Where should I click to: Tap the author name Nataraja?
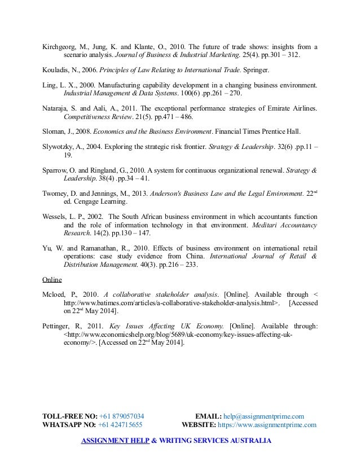(56, 108)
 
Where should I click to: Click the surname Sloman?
(54, 134)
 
